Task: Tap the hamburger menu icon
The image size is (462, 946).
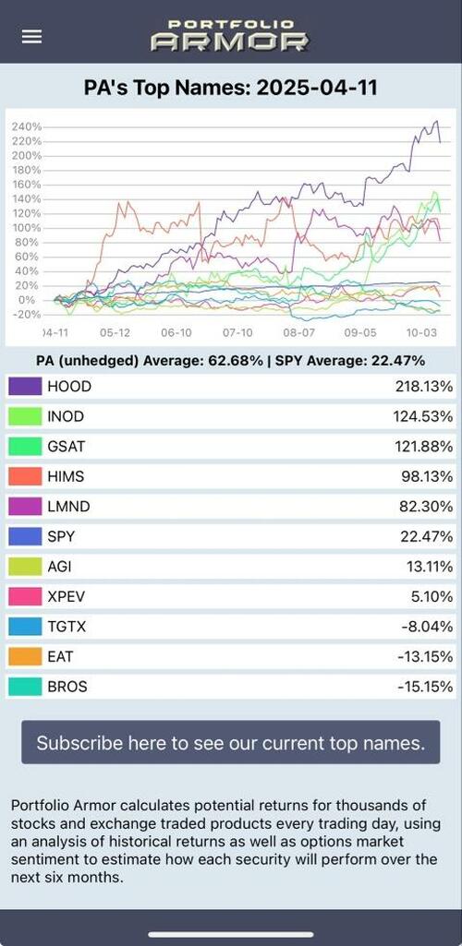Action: [x=31, y=36]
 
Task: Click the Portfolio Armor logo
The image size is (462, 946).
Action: [x=230, y=35]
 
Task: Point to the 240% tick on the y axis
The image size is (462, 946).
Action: [x=26, y=126]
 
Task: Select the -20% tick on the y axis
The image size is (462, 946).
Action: [x=26, y=315]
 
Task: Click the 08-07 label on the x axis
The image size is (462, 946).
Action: [x=298, y=332]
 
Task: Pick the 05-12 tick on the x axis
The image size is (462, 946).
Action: [x=115, y=332]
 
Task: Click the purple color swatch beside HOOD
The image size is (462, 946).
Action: [x=25, y=387]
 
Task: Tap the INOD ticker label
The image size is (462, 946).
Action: [x=66, y=417]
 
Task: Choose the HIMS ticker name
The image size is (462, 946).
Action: [x=67, y=476]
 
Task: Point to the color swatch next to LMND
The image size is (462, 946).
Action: [x=25, y=507]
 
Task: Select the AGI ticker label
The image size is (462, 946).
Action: [x=60, y=567]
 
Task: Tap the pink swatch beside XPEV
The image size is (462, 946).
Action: [x=25, y=596]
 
